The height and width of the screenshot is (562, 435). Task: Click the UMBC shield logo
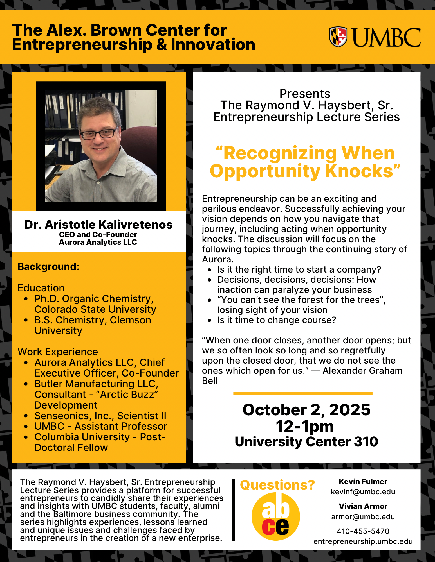(338, 37)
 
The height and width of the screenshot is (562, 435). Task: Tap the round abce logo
(275, 516)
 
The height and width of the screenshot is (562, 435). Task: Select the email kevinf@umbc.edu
(363, 492)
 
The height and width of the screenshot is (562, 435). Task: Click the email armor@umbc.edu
(363, 517)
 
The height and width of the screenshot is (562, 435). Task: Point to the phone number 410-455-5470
(363, 531)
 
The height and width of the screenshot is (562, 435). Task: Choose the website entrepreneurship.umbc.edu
(363, 541)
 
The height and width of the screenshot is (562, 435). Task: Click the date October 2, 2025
(306, 410)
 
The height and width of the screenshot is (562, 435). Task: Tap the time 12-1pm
(305, 426)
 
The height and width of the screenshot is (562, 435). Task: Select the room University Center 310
(306, 441)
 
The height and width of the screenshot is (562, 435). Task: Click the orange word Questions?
(277, 485)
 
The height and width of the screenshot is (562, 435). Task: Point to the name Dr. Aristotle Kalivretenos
(98, 225)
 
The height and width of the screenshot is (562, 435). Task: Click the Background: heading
(48, 267)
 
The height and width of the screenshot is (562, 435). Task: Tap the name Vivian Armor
(363, 506)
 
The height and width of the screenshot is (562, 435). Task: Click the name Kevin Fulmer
(363, 482)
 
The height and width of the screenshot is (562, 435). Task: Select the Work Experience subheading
(58, 352)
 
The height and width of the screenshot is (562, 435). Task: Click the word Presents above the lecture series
(305, 94)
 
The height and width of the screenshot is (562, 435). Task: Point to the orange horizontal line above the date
(303, 393)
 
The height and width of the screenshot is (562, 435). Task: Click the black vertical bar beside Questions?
(233, 510)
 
